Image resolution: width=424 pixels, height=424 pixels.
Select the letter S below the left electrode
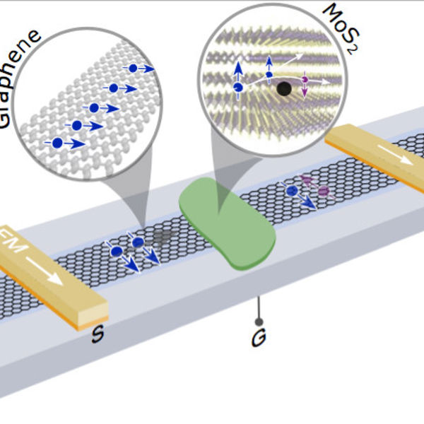pos(98,333)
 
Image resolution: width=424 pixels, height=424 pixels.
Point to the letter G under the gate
pos(259,341)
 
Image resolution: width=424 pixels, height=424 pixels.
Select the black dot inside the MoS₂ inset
pos(283,89)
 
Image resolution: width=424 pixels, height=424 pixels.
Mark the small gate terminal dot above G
pos(259,322)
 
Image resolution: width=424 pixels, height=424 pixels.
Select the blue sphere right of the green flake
pos(292,191)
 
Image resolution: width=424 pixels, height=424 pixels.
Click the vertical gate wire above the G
pos(259,307)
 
